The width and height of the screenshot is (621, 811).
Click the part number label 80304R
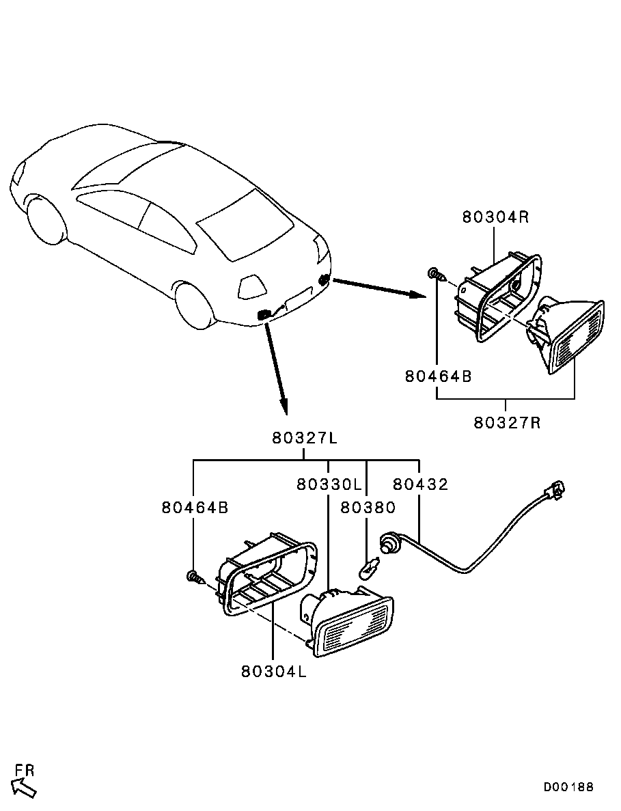pyautogui.click(x=495, y=217)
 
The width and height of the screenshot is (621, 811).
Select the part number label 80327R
pyautogui.click(x=507, y=422)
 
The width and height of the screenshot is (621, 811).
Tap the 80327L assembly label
pyautogui.click(x=305, y=439)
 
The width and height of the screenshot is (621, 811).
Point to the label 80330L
pyautogui.click(x=329, y=484)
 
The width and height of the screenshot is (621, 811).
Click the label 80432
pyautogui.click(x=420, y=484)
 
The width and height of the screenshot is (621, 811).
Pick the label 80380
pyautogui.click(x=368, y=507)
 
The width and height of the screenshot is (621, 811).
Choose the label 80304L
pyautogui.click(x=273, y=671)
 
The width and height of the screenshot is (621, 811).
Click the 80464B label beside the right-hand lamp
pyautogui.click(x=438, y=376)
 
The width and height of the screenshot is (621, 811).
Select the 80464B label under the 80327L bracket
pyautogui.click(x=195, y=508)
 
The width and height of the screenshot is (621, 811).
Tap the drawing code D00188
pyautogui.click(x=568, y=787)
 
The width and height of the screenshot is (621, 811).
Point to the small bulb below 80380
pyautogui.click(x=369, y=566)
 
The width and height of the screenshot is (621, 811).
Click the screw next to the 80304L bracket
pyautogui.click(x=195, y=578)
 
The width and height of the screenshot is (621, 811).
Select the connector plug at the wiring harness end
pyautogui.click(x=555, y=490)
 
